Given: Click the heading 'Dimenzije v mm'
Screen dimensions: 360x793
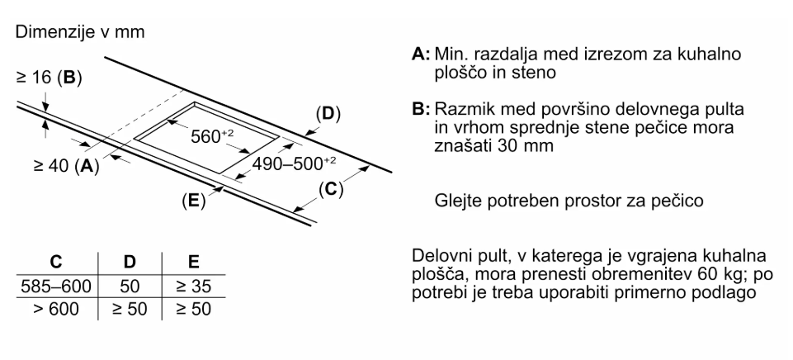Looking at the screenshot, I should click(70, 33).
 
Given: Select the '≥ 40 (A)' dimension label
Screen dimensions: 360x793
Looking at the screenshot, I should click(66, 166).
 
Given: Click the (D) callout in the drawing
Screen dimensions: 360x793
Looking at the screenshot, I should click(328, 114).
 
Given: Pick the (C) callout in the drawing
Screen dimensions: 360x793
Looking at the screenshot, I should click(328, 189).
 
